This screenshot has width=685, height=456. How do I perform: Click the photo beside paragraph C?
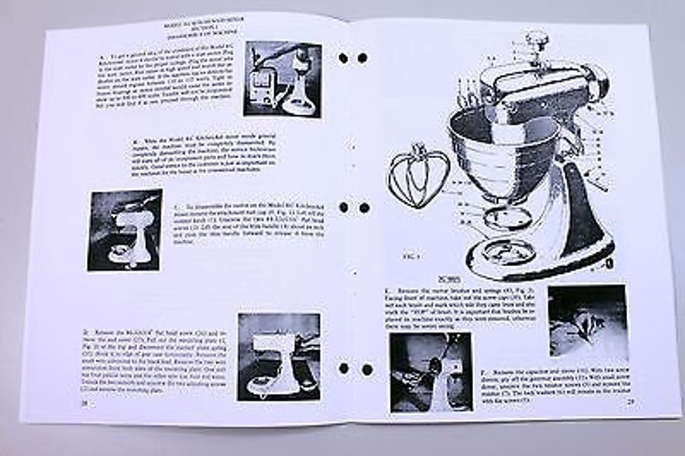[x=125, y=231]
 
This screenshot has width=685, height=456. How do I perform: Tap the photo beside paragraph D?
[x=279, y=357]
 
